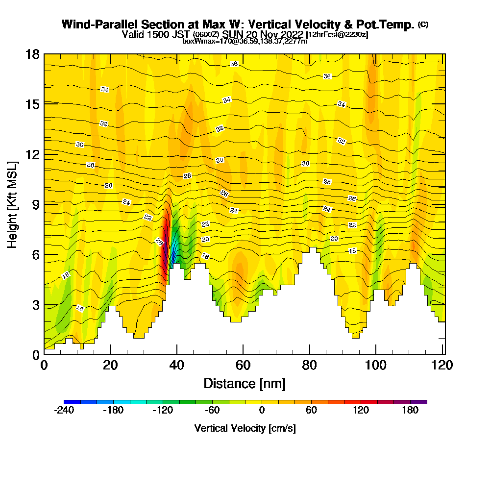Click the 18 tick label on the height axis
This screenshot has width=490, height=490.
point(32,54)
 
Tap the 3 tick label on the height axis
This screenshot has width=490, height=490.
point(36,305)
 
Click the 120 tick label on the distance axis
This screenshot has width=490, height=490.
point(435,366)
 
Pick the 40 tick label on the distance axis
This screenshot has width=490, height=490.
point(177,366)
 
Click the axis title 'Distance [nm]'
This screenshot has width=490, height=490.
point(245,383)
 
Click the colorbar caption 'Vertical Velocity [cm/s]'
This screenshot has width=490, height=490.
point(245,428)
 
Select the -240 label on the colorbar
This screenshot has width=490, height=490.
point(64,411)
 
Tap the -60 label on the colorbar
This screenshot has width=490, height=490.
point(213,411)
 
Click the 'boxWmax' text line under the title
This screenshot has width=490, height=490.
point(245,41)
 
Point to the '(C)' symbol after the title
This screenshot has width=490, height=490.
point(423,24)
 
